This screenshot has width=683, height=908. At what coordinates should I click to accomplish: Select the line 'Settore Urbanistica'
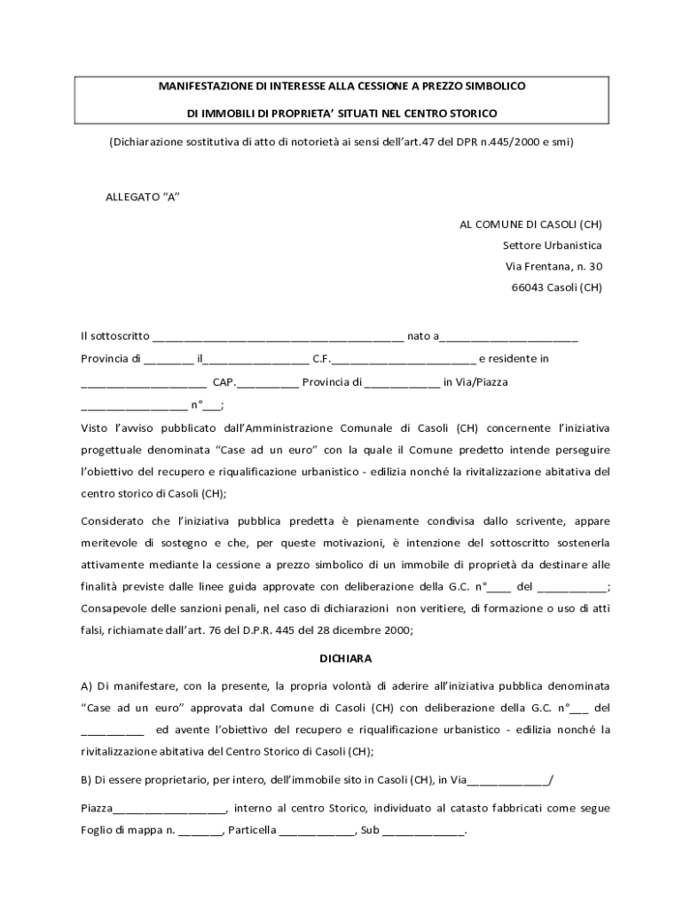(x=552, y=245)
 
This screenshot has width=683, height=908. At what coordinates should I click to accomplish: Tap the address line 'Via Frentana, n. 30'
(x=553, y=266)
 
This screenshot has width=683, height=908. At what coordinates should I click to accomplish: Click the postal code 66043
(x=529, y=287)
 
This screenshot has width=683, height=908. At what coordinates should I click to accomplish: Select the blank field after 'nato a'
(x=509, y=338)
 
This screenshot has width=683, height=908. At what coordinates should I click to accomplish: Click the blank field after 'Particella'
(x=318, y=834)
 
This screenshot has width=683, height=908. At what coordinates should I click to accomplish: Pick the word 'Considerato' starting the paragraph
(x=111, y=521)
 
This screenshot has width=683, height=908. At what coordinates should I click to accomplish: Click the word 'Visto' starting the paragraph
(x=94, y=427)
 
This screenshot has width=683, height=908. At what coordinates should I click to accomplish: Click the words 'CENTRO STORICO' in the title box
(x=456, y=113)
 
